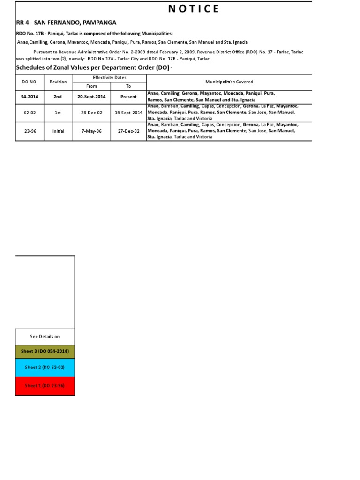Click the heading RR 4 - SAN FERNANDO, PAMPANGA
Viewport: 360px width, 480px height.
tap(66, 22)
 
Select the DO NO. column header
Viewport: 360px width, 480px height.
tap(30, 82)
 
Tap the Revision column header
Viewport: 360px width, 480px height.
tap(58, 82)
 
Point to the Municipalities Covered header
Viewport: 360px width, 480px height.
tap(229, 82)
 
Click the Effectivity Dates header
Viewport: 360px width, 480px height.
tap(109, 78)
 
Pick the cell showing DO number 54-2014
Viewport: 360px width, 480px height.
tap(30, 97)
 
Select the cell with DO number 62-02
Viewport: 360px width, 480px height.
tap(30, 112)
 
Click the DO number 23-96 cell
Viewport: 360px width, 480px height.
tap(30, 131)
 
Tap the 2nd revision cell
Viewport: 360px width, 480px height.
tap(58, 97)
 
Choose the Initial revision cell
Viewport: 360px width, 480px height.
tap(58, 131)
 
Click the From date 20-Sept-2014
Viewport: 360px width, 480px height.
tap(91, 97)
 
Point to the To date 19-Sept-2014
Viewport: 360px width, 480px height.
tap(128, 112)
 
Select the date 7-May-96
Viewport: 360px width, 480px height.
tap(91, 131)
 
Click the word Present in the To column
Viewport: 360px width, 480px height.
tap(128, 97)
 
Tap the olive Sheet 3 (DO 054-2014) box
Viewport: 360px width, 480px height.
tap(45, 352)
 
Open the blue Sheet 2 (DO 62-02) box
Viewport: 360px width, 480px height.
tap(45, 367)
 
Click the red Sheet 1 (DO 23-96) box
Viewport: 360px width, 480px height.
tap(45, 386)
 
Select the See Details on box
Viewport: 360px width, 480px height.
tap(45, 337)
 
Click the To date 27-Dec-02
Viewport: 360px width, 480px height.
tap(128, 131)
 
